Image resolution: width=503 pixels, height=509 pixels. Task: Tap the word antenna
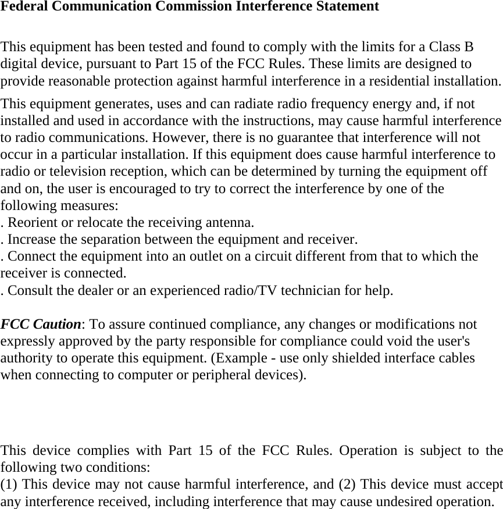click(232, 222)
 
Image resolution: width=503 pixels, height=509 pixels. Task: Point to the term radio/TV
click(250, 290)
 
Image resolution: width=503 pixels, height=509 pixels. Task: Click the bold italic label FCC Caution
click(40, 324)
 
